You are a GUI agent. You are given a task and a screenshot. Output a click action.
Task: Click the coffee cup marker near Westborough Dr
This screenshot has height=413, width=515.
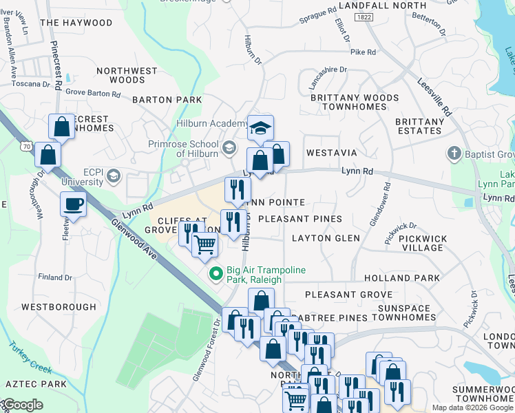click(72, 204)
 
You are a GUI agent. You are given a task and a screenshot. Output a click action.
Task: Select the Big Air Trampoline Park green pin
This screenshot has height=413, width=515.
click(216, 275)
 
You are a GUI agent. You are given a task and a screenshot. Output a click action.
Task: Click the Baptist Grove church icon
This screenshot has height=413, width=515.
click(454, 153)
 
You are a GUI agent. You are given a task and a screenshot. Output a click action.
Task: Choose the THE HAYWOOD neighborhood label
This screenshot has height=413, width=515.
click(76, 23)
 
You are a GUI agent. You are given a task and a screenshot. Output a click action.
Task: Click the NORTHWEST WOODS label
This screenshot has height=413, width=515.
click(127, 75)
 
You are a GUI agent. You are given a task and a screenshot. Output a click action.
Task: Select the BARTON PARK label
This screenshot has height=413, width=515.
click(167, 100)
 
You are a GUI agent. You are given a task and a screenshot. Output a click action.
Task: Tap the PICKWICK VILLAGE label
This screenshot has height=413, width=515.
click(423, 243)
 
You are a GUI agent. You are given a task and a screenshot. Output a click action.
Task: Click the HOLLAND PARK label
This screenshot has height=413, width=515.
click(411, 278)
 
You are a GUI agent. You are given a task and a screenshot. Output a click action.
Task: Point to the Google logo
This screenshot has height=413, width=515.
click(23, 405)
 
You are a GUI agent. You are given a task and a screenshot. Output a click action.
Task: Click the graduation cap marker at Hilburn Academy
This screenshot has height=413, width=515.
click(260, 127)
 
